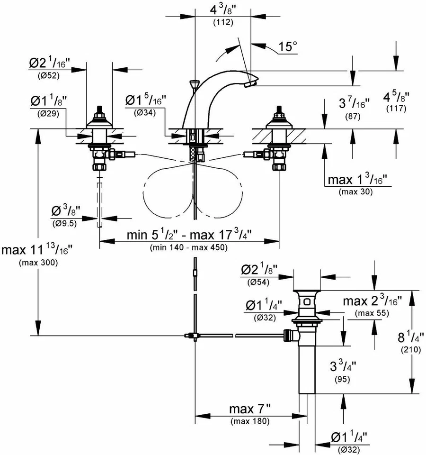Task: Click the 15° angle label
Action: (x=288, y=47)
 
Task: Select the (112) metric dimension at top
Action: (x=222, y=22)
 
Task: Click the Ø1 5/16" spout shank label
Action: (x=144, y=100)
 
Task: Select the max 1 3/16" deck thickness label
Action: (x=358, y=180)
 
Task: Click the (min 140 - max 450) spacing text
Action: (x=188, y=247)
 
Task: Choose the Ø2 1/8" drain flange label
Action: (x=259, y=270)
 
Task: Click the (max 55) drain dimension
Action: (x=372, y=313)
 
